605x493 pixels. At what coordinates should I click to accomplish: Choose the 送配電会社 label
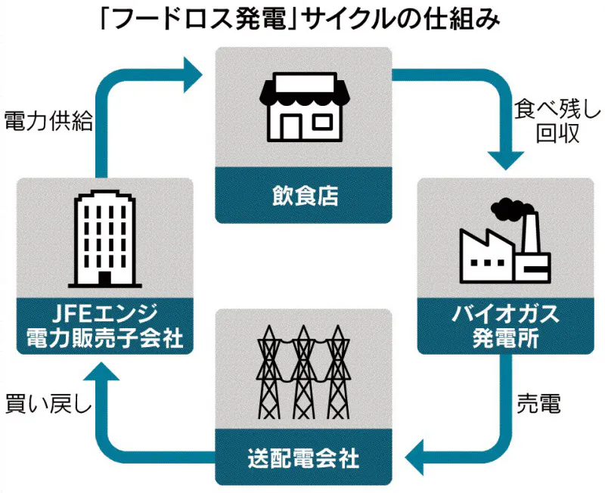(x=303, y=457)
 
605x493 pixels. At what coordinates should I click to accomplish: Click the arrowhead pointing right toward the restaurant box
(x=192, y=74)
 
